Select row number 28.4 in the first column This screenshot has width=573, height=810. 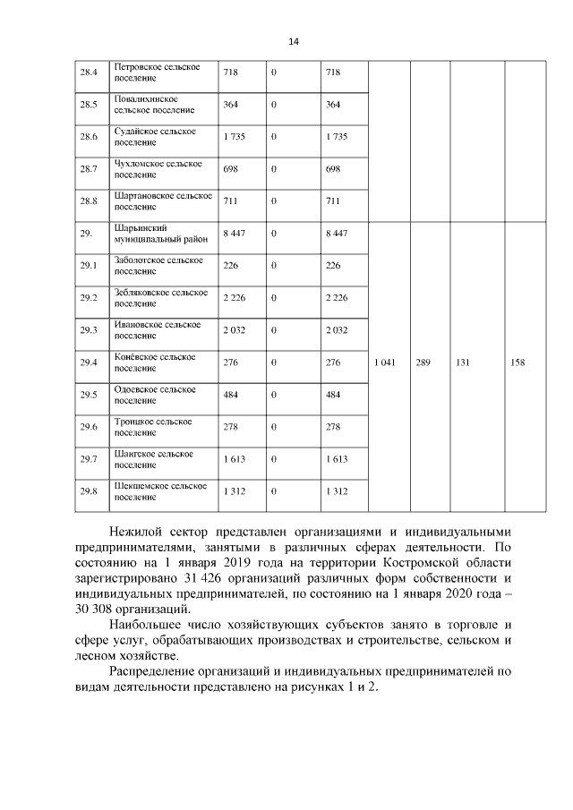(88, 72)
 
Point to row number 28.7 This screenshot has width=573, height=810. (88, 169)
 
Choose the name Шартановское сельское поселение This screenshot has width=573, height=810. (163, 200)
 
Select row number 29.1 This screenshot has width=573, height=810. (88, 266)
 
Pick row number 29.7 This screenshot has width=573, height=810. (88, 459)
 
